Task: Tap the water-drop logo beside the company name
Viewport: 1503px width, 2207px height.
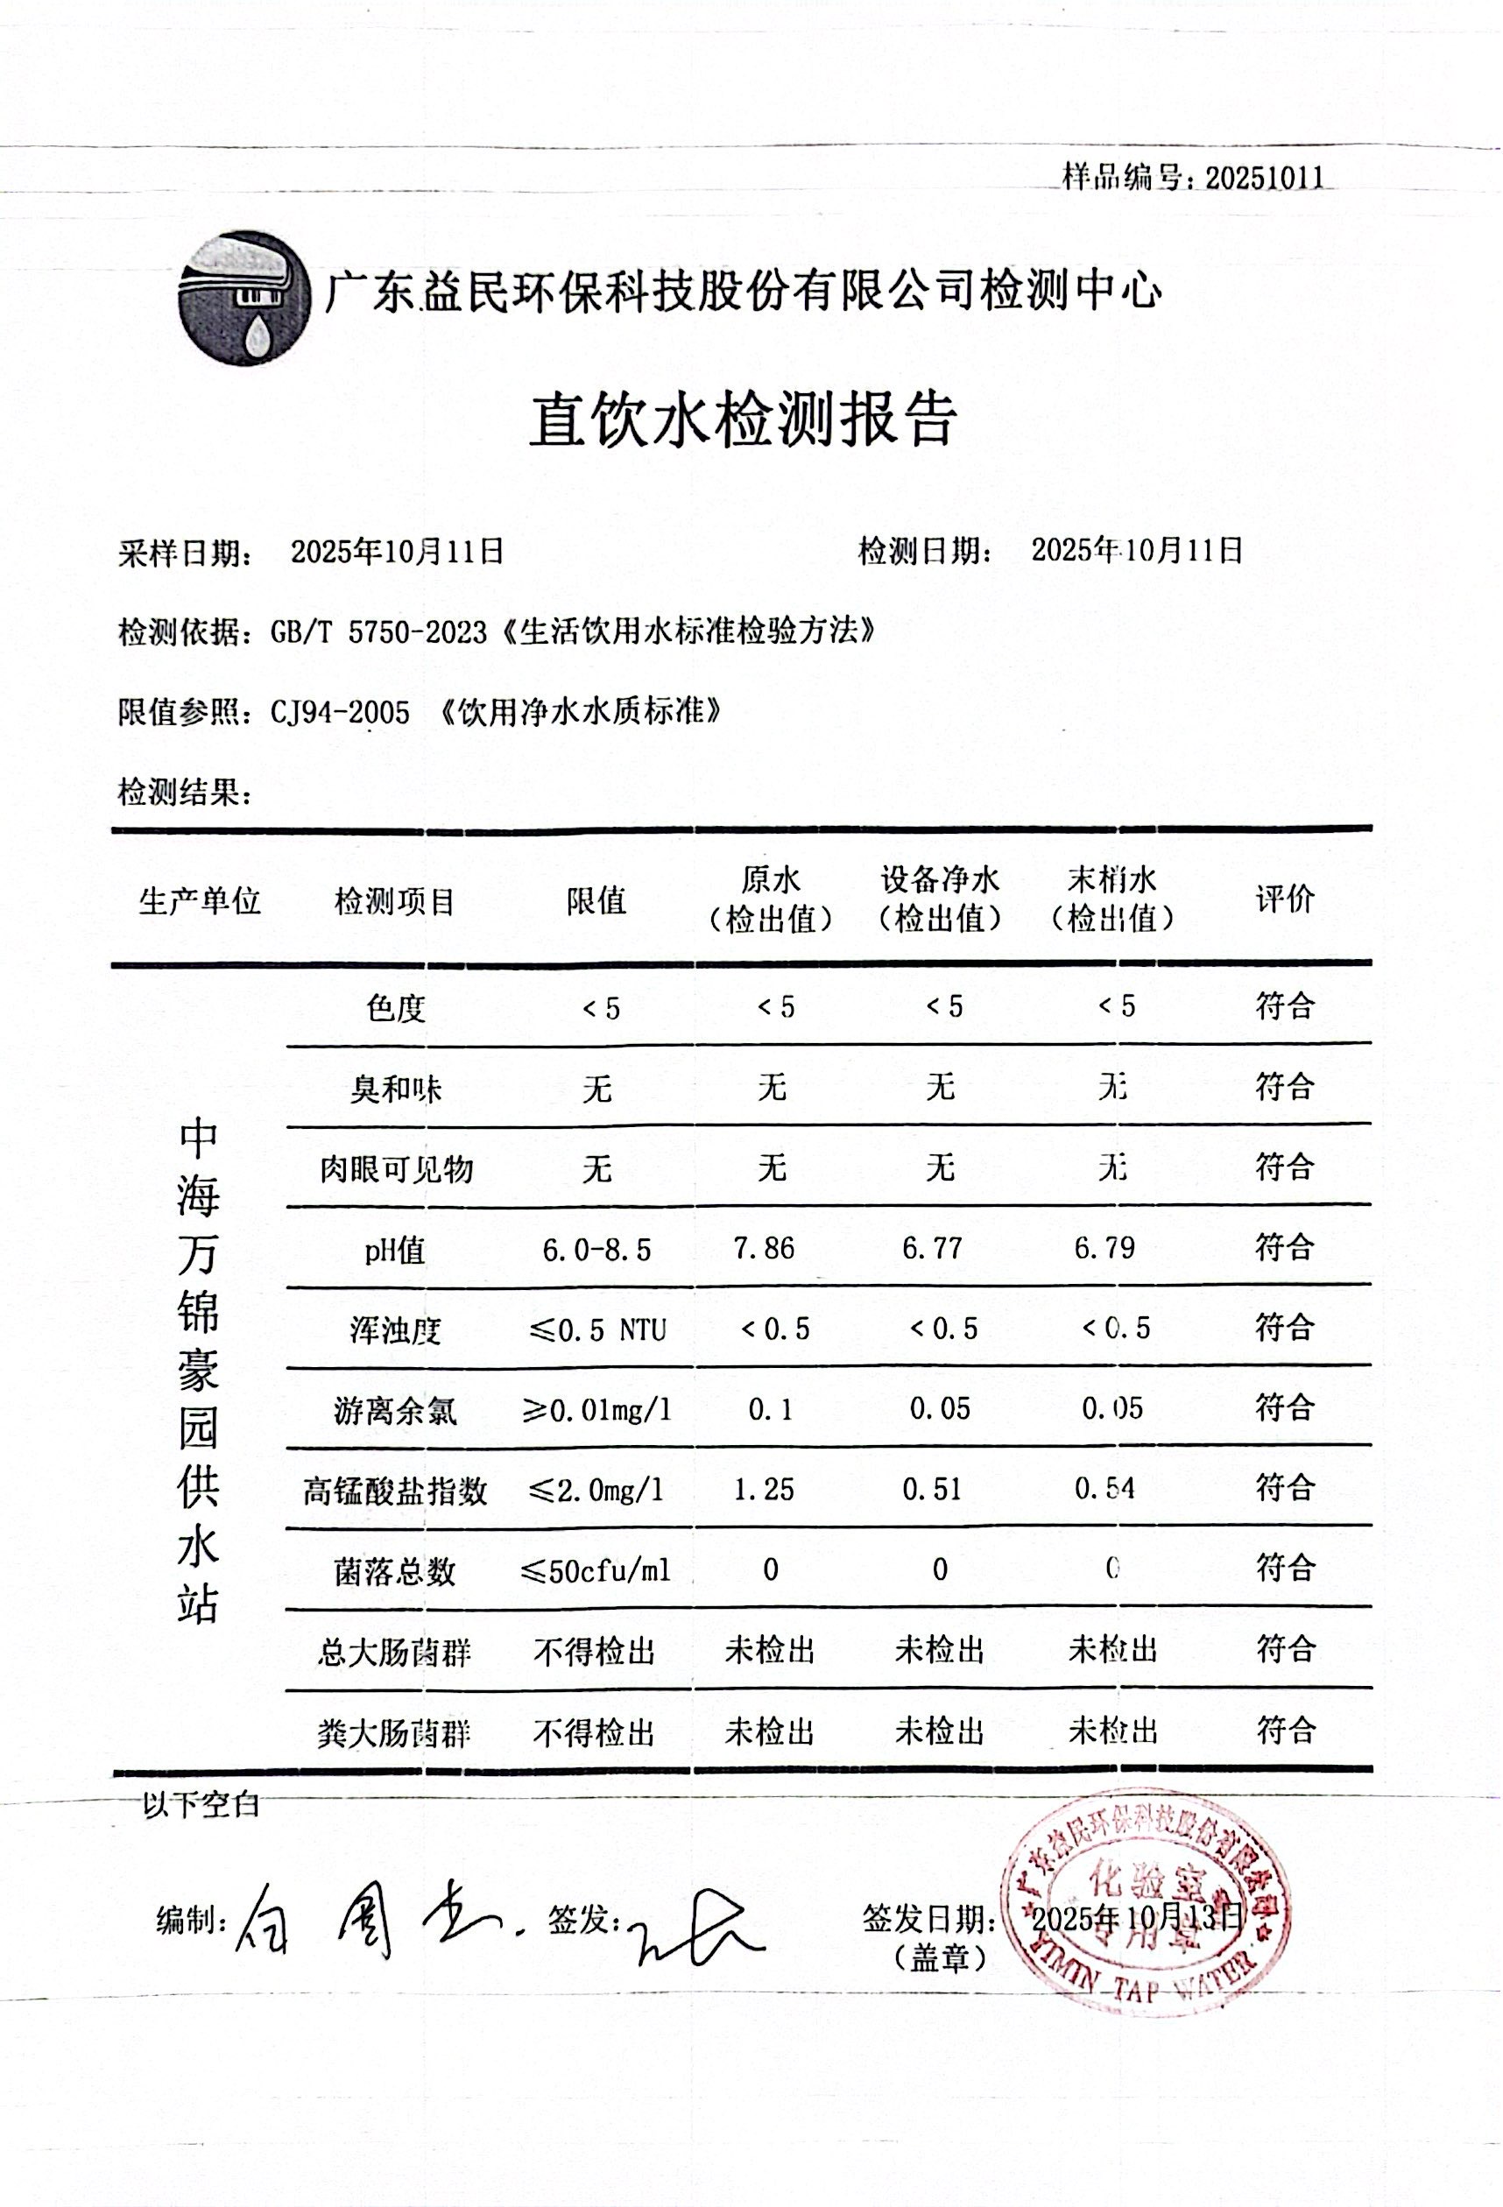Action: (x=244, y=297)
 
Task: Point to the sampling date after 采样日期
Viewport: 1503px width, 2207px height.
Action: (x=397, y=552)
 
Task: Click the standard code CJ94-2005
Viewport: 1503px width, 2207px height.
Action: (x=340, y=712)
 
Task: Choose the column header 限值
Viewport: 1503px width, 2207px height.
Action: (x=596, y=900)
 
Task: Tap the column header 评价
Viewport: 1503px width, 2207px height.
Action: (x=1285, y=899)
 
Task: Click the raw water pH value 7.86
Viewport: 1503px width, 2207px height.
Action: (x=764, y=1248)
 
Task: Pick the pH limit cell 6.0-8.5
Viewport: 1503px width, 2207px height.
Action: (x=596, y=1250)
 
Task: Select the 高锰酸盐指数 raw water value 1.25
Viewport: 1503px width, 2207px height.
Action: (x=764, y=1489)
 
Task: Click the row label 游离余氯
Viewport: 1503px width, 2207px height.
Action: (x=395, y=1411)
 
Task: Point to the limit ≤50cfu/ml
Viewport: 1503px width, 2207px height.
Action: (x=596, y=1570)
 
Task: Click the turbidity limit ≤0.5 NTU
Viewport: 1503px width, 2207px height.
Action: (x=596, y=1329)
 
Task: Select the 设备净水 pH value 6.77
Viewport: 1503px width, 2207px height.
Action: (x=933, y=1248)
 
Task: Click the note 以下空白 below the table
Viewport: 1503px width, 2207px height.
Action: (x=201, y=1804)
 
